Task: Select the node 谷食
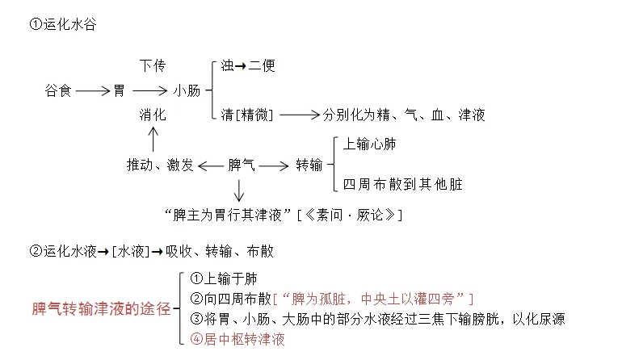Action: pos(58,90)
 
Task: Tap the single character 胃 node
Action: pos(120,90)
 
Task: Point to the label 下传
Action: pos(153,65)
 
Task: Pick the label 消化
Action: pos(153,115)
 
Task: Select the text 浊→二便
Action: pos(248,65)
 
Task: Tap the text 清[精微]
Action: pos(247,115)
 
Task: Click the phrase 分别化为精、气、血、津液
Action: pos(405,115)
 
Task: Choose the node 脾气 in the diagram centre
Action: pos(242,165)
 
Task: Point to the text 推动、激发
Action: pos(160,165)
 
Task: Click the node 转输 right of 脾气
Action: pos(309,165)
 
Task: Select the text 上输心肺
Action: pos(370,144)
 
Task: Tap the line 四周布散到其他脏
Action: pos(403,184)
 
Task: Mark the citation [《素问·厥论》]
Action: pos(350,215)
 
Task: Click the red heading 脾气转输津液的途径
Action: pos(101,308)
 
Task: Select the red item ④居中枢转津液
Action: pos(237,339)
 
